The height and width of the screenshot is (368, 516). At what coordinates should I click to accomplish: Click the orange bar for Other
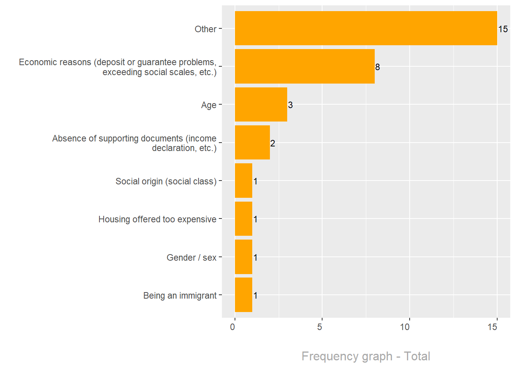[366, 28]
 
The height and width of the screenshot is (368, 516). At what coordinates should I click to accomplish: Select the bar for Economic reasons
[304, 66]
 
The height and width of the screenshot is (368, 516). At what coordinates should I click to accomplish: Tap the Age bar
[261, 105]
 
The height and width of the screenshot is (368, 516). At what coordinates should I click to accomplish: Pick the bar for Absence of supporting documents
[252, 143]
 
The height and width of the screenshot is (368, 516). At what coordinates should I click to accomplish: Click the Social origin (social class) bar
[243, 181]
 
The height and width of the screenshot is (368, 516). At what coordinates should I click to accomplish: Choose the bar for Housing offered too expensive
[243, 219]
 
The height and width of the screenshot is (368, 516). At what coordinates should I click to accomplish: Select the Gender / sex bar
[243, 257]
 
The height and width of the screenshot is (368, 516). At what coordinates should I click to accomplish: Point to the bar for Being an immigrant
[243, 295]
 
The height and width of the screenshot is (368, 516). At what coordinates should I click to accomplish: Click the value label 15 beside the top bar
[503, 29]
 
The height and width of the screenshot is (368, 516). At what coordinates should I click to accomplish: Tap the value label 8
[377, 67]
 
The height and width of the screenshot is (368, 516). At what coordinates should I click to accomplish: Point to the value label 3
[290, 105]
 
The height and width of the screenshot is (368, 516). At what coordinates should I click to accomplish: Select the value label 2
[273, 143]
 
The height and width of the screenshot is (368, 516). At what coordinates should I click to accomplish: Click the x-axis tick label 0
[233, 327]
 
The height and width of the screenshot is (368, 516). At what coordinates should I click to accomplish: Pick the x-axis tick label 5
[320, 327]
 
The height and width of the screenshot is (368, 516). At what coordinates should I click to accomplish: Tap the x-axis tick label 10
[405, 327]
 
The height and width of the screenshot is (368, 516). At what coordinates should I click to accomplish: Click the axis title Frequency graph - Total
[365, 356]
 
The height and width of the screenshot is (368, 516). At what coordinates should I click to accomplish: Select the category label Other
[205, 29]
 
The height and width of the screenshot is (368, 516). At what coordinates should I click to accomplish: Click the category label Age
[208, 105]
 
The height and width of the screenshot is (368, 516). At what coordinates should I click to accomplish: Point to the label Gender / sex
[191, 258]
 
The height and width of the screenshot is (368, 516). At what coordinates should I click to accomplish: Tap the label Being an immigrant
[180, 296]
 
